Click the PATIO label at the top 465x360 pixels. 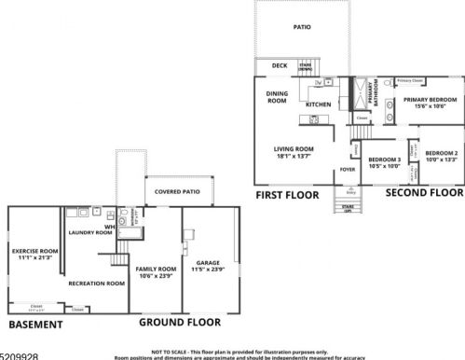pyautogui.click(x=303, y=28)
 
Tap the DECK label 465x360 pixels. pyautogui.click(x=279, y=66)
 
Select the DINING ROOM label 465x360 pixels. pyautogui.click(x=277, y=96)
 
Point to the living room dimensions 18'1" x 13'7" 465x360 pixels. pyautogui.click(x=293, y=157)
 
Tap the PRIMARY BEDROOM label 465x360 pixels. pyautogui.click(x=430, y=99)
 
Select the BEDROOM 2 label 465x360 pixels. pyautogui.click(x=442, y=152)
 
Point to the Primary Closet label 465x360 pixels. pyautogui.click(x=410, y=81)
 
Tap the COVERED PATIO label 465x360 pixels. pyautogui.click(x=177, y=192)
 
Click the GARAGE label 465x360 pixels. pyautogui.click(x=208, y=263)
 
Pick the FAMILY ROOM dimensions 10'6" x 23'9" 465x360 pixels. pyautogui.click(x=154, y=275)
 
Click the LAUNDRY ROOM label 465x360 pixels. pyautogui.click(x=90, y=232)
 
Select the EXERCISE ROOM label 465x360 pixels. pyautogui.click(x=35, y=252)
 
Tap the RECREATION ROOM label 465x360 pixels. pyautogui.click(x=97, y=283)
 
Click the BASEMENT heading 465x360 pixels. pyautogui.click(x=35, y=325)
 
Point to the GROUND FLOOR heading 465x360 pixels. pyautogui.click(x=173, y=322)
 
